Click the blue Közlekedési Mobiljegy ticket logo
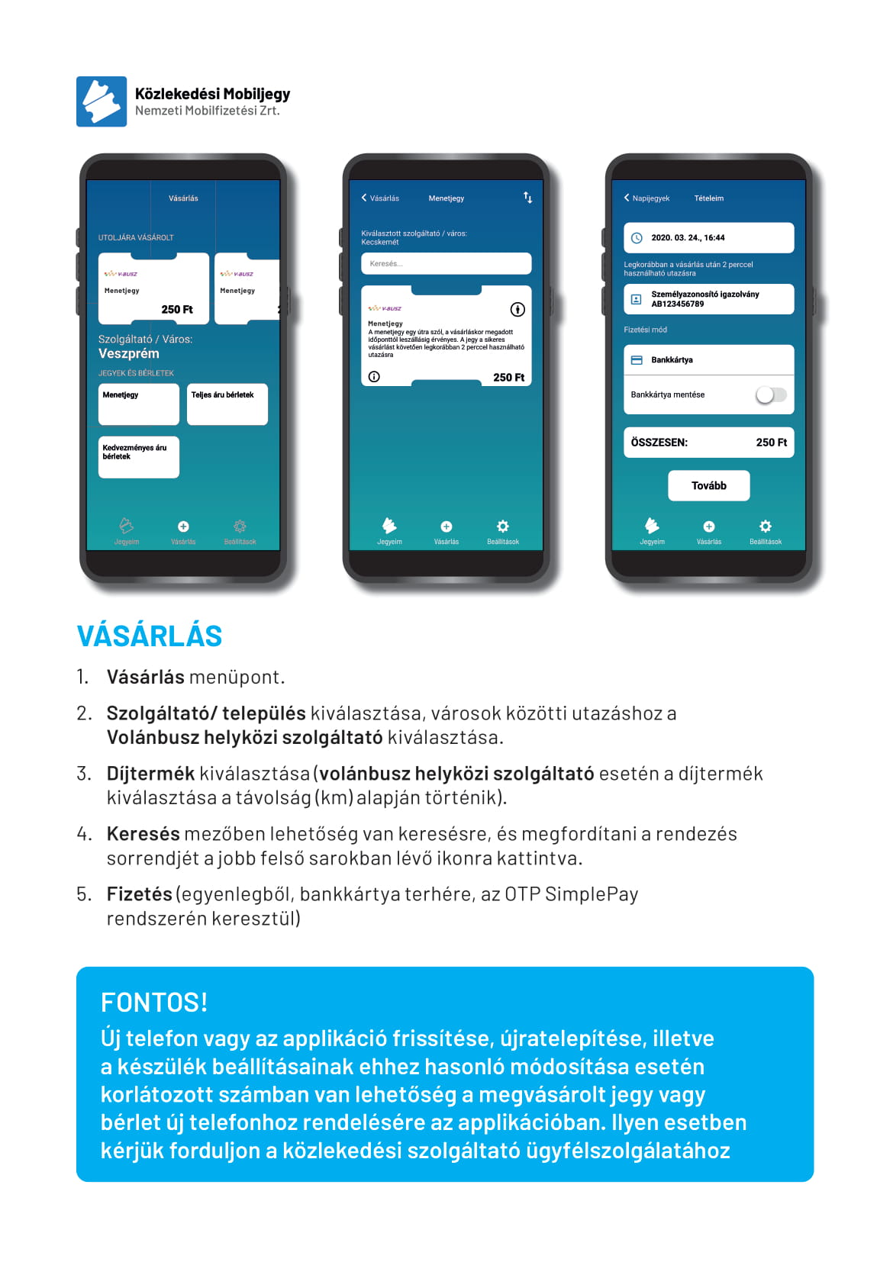[x=102, y=101]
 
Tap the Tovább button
[x=708, y=485]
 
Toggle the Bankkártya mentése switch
[x=770, y=394]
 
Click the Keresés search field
[x=446, y=263]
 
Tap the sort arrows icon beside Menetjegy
[x=527, y=198]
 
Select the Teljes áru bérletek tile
[x=227, y=404]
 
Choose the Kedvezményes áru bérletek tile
[x=138, y=456]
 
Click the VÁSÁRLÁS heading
[x=150, y=636]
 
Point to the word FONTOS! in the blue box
[x=154, y=1002]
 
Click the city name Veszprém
[x=129, y=353]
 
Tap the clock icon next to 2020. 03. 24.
[x=637, y=238]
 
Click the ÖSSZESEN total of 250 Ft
[x=771, y=442]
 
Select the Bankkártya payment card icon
[x=637, y=359]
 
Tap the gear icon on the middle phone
[x=502, y=526]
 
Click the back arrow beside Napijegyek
[x=627, y=198]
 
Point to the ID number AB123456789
[x=678, y=304]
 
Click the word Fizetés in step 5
[x=140, y=893]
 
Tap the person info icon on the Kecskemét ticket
[x=517, y=309]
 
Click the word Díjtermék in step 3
[x=150, y=773]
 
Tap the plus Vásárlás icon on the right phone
[x=708, y=526]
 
